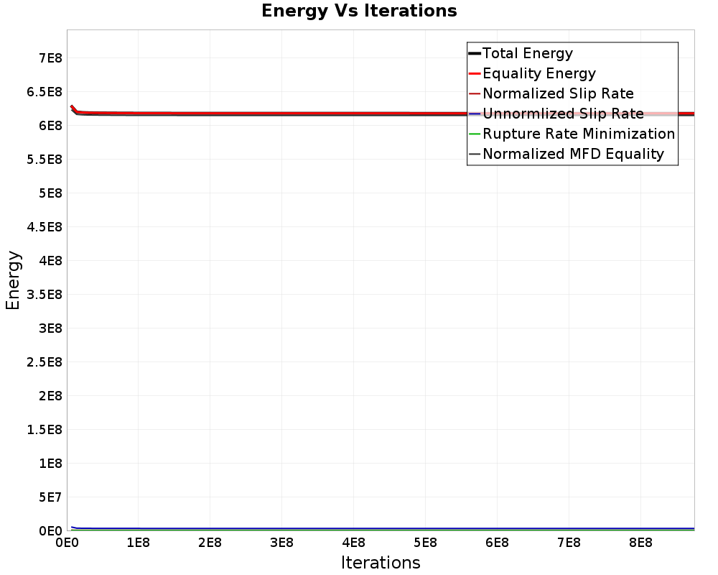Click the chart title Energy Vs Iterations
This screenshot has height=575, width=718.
359,11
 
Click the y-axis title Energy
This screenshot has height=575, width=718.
13,280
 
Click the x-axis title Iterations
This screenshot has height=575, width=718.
381,562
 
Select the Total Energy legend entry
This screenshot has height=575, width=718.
528,53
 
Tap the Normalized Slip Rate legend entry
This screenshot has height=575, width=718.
558,93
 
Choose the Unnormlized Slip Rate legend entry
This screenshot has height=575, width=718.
563,114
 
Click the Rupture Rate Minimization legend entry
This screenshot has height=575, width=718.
579,134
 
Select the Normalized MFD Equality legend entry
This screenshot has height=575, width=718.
573,154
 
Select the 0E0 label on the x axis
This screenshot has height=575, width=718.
67,543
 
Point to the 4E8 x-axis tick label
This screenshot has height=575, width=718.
353,543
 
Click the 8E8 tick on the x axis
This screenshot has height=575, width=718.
640,543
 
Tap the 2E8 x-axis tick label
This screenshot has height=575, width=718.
210,543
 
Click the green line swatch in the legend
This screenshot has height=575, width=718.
474,134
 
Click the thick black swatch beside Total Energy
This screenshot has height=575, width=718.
474,53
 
